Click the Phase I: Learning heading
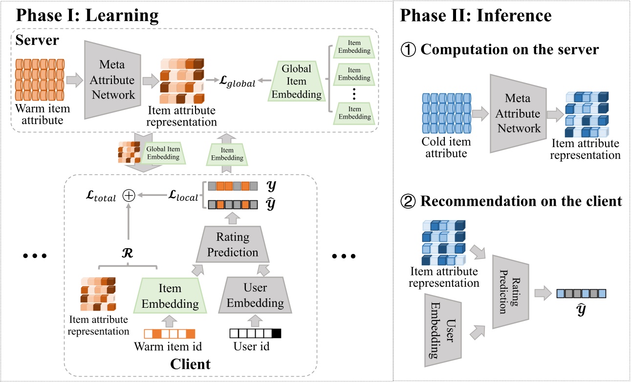(87, 16)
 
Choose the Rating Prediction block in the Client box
(234, 245)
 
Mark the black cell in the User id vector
(277, 334)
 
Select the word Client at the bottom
(190, 364)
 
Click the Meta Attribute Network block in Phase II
(518, 114)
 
